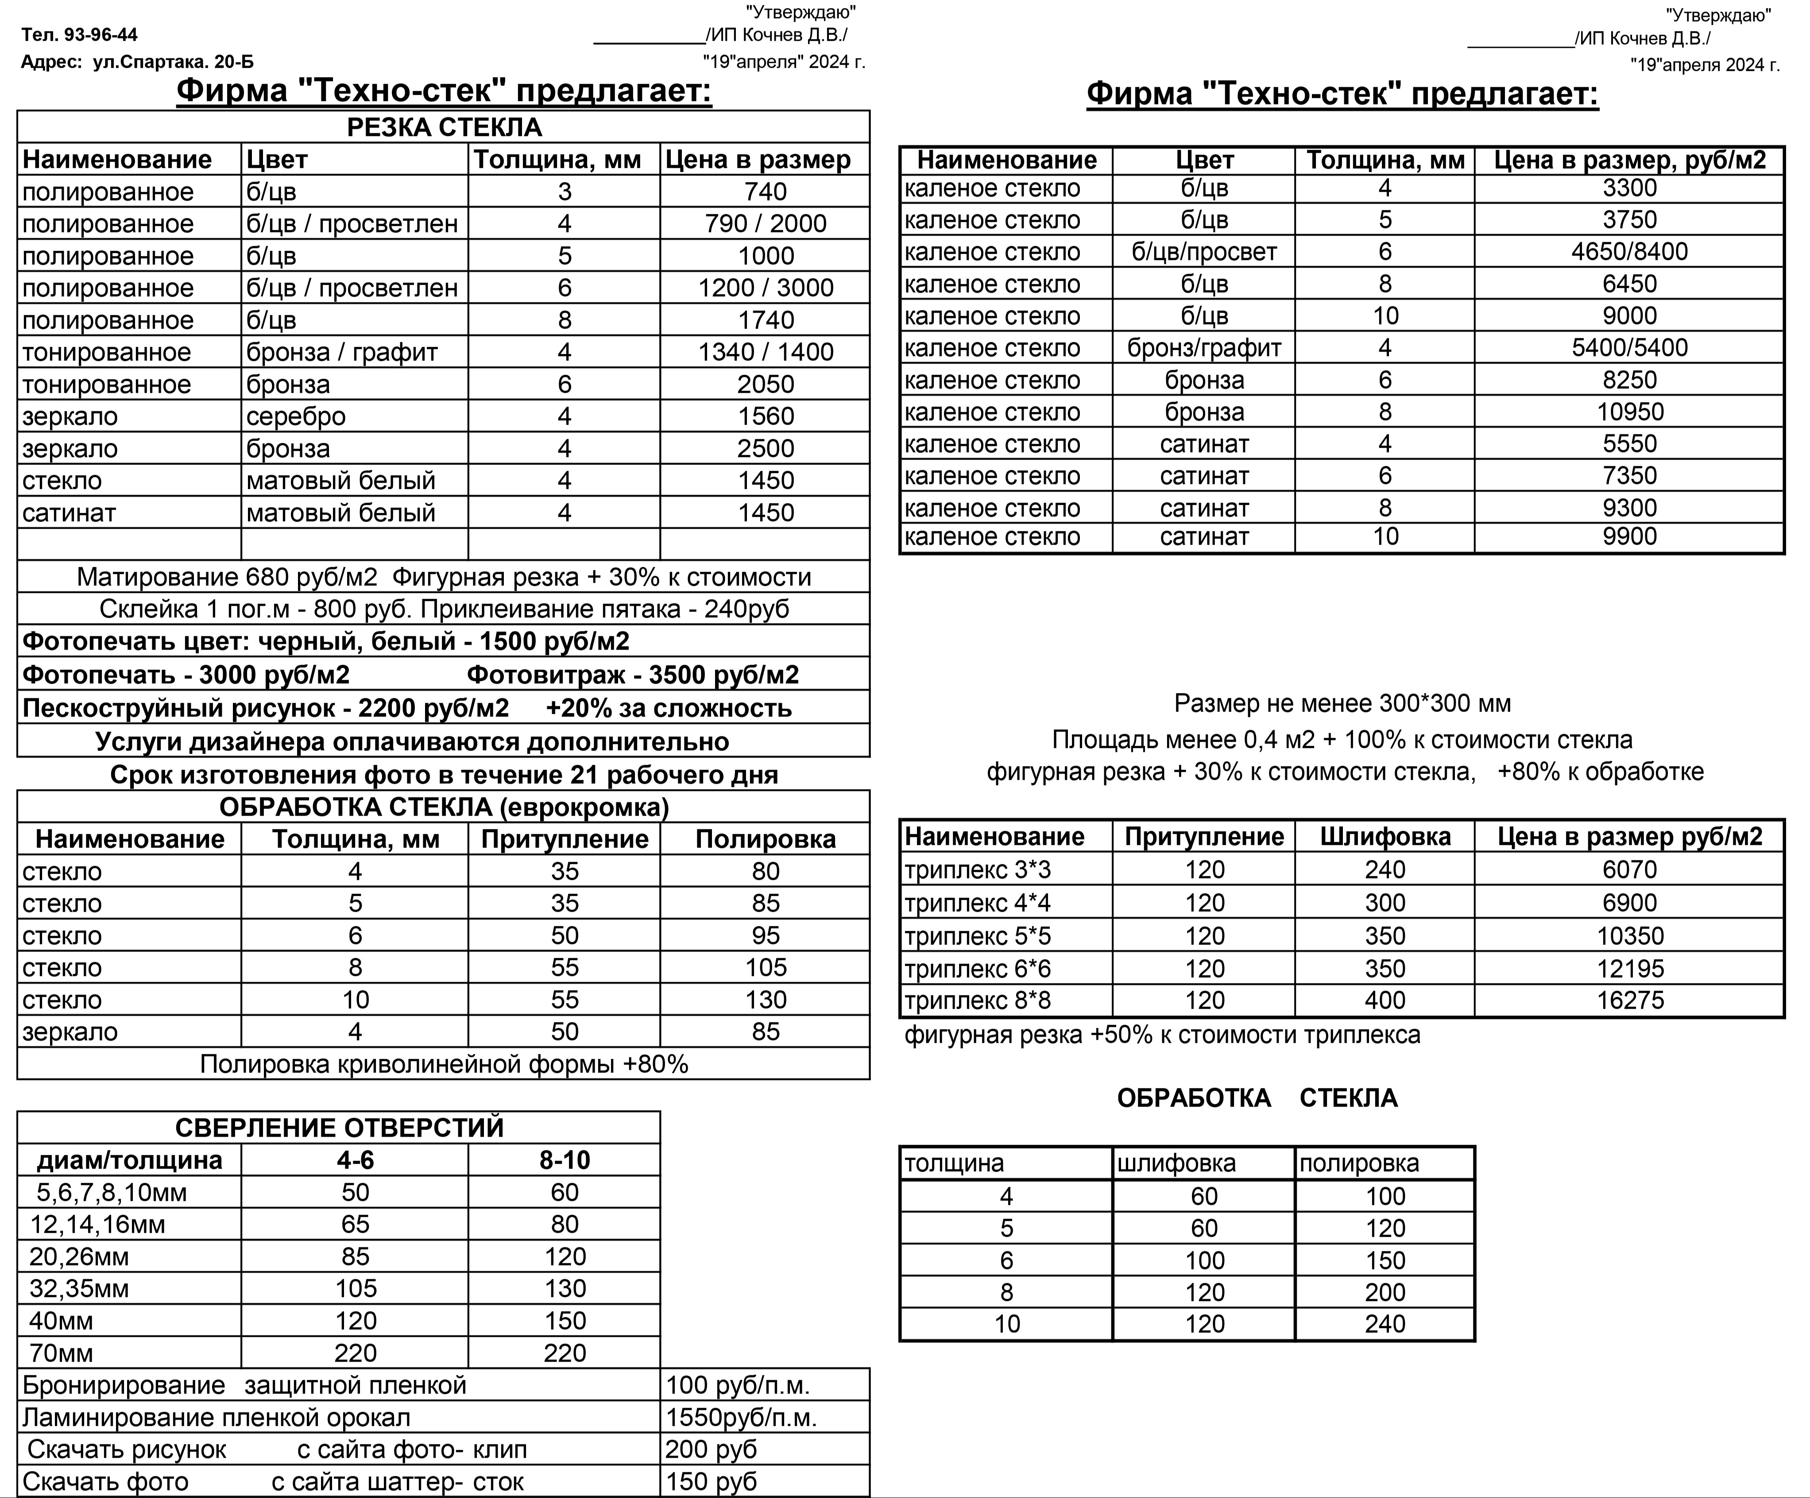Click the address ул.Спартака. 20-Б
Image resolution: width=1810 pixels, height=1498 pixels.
[172, 62]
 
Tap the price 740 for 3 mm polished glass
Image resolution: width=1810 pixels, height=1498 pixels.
[766, 191]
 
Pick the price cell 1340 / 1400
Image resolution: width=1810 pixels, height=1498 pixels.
[766, 352]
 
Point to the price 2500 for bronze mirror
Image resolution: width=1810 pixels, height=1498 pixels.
[766, 448]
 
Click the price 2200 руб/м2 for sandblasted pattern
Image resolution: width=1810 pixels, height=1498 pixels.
[433, 708]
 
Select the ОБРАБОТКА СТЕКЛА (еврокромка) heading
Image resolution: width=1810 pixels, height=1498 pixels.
[444, 807]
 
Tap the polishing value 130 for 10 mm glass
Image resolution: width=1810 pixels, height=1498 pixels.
[766, 1000]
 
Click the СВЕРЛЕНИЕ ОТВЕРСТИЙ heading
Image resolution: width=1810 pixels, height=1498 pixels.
[339, 1127]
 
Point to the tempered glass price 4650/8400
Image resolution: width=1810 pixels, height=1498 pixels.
[1629, 252]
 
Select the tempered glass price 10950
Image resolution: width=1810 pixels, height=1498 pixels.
[1629, 412]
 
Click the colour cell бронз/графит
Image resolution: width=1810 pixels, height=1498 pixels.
[1204, 348]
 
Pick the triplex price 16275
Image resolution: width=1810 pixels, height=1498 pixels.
[1629, 1001]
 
